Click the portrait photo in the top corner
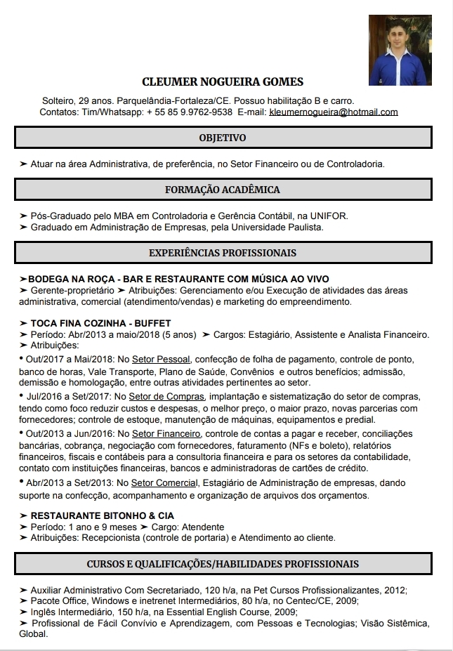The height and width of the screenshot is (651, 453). pos(400,51)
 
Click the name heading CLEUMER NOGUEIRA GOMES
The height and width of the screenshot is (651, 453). pos(223,82)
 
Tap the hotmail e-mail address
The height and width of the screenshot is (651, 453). pos(334,112)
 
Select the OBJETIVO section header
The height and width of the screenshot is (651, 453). pos(223,138)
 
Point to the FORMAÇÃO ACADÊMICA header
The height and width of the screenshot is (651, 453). pos(223,190)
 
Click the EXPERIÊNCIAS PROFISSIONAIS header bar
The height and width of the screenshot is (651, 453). pos(223,253)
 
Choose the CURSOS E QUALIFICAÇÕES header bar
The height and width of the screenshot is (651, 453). pos(223,564)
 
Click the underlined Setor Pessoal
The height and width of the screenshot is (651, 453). pos(161,359)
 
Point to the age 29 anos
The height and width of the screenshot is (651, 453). pos(94,101)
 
